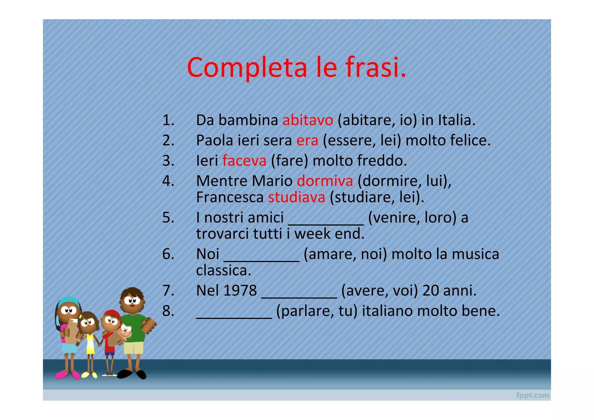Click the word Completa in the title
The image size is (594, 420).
pos(247,67)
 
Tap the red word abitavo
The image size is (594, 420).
pos(308,120)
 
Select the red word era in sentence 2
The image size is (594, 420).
pos(307,140)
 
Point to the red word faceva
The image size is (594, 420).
pos(244,161)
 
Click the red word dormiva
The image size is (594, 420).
pos(325,181)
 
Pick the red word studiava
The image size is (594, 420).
pos(296,197)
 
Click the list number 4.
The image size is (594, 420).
pos(168,181)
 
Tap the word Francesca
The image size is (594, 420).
pos(230,197)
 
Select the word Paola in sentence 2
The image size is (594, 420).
pos(215,140)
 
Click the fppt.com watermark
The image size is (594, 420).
pos(533,395)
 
